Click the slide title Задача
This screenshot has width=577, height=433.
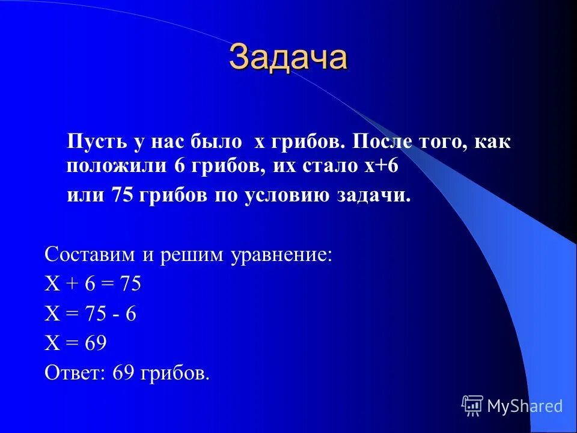click(x=288, y=58)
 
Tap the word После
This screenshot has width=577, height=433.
click(x=380, y=143)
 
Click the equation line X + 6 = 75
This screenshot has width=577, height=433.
click(x=93, y=283)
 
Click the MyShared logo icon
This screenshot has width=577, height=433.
click(x=472, y=406)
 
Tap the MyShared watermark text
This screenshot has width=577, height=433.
click(x=525, y=407)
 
